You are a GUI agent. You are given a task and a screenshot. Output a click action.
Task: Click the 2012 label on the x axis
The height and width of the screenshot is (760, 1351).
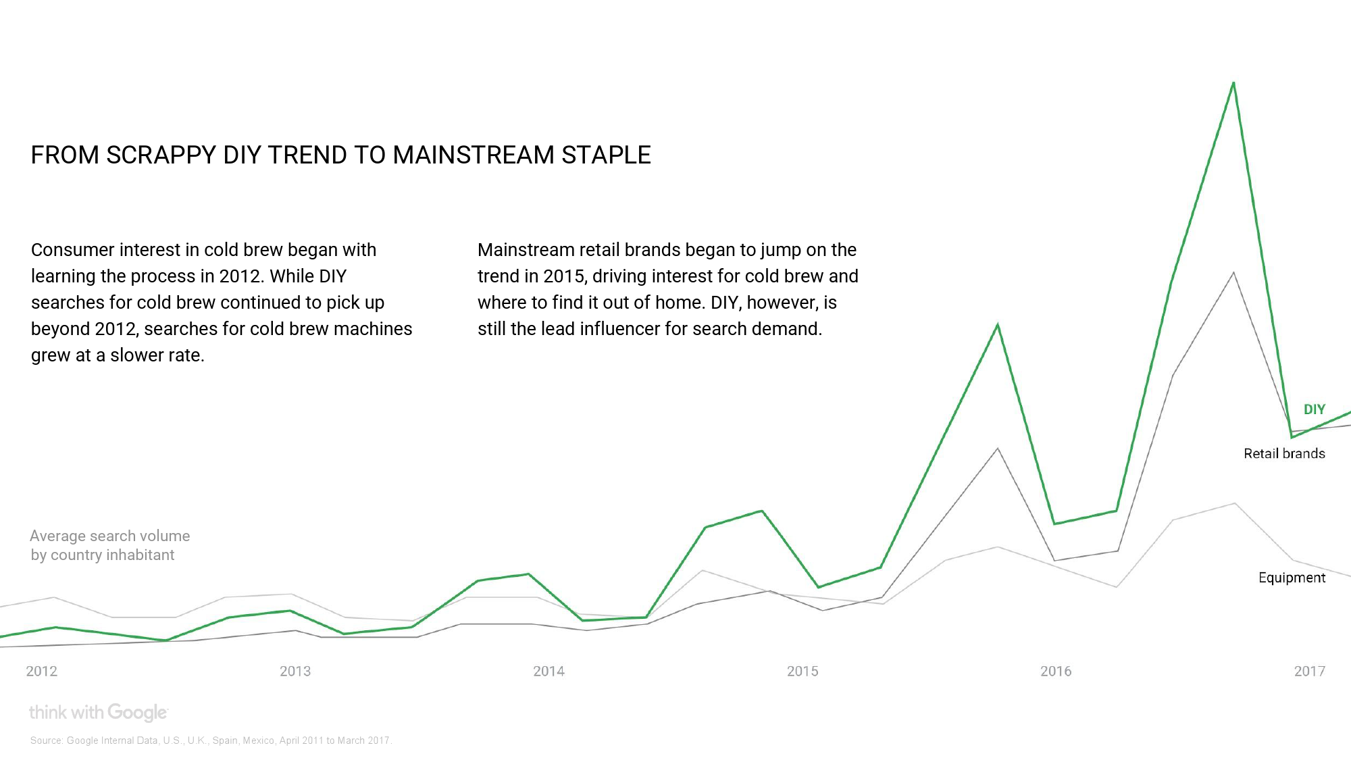pos(41,671)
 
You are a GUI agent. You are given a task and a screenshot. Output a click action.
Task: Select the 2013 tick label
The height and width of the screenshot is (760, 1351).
pos(295,671)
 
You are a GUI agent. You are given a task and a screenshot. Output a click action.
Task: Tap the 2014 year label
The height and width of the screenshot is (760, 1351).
pos(549,671)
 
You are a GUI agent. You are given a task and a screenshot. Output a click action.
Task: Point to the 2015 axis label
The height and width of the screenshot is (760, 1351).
pos(802,671)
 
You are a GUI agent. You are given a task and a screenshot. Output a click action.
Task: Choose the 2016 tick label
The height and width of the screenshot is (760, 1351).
pos(1056,671)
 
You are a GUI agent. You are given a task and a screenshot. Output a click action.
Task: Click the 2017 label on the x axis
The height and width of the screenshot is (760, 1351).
pos(1309,671)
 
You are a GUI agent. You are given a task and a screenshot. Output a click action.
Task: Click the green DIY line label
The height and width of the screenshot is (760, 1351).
pos(1314,409)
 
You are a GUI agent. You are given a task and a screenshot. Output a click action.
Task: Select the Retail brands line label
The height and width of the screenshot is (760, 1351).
pos(1284,453)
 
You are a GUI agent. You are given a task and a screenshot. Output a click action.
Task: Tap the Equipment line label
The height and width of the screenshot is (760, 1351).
pos(1292,578)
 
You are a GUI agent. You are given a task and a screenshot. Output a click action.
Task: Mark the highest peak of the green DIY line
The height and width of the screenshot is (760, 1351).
pos(1233,84)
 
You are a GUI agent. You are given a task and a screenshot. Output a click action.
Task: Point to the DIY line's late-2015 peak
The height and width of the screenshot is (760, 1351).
pos(998,326)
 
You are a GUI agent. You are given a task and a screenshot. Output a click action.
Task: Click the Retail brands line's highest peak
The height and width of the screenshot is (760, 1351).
pos(1233,273)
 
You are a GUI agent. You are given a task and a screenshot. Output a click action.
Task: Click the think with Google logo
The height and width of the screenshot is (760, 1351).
pos(98,712)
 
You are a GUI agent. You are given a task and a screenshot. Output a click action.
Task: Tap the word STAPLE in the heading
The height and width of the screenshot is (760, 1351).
pos(606,155)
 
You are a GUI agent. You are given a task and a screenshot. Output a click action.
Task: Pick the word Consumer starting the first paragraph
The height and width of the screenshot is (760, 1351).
pos(73,250)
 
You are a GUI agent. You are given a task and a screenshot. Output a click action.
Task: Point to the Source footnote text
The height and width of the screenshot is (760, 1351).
pos(211,740)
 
